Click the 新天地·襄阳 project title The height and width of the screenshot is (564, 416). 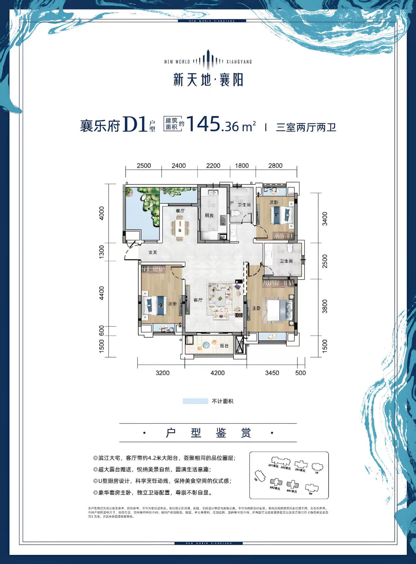(x=208, y=80)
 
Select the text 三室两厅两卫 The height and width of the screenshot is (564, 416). (x=306, y=127)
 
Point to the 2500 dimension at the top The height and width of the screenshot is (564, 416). (x=144, y=166)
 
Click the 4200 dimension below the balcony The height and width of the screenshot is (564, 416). (x=218, y=373)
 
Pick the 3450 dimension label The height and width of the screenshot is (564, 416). (x=272, y=373)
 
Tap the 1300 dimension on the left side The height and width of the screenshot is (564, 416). (x=102, y=252)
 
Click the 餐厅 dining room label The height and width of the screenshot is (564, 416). (x=180, y=211)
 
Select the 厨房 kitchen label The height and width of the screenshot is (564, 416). (x=209, y=215)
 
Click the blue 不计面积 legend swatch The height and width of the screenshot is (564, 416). (x=195, y=401)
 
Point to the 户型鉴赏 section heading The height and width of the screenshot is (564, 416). (x=208, y=433)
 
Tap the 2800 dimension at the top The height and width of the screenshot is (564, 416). (x=275, y=166)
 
